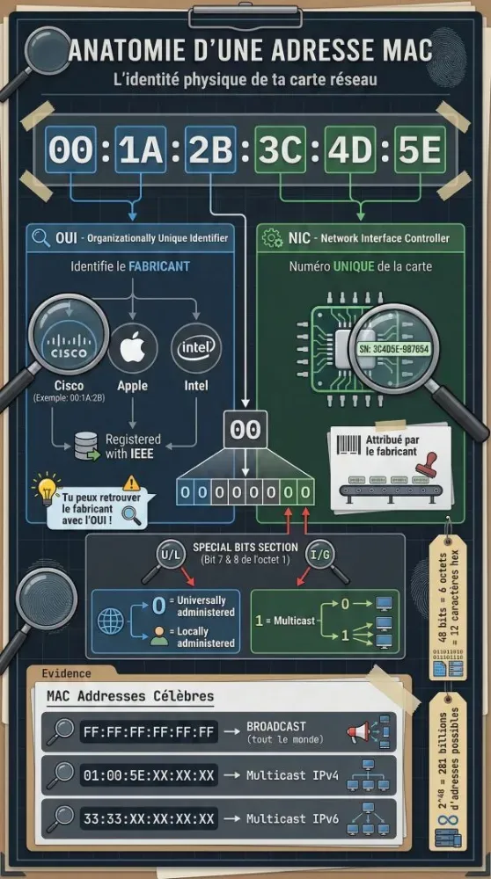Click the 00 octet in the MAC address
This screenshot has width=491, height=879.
pos(70,150)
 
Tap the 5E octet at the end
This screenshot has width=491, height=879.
pos(418,150)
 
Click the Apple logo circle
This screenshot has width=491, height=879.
pos(132,349)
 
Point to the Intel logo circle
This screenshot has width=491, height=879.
pos(195,349)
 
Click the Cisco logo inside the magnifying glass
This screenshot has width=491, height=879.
pos(68,345)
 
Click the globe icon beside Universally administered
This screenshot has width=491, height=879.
pos(113,620)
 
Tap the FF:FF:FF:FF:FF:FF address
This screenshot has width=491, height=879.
pos(148,731)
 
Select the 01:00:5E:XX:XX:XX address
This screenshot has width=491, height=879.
pos(148,774)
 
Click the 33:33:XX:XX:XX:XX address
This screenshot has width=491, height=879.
pos(148,818)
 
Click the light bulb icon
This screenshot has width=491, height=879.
pos(45,490)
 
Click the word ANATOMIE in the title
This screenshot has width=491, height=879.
pos(129,50)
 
